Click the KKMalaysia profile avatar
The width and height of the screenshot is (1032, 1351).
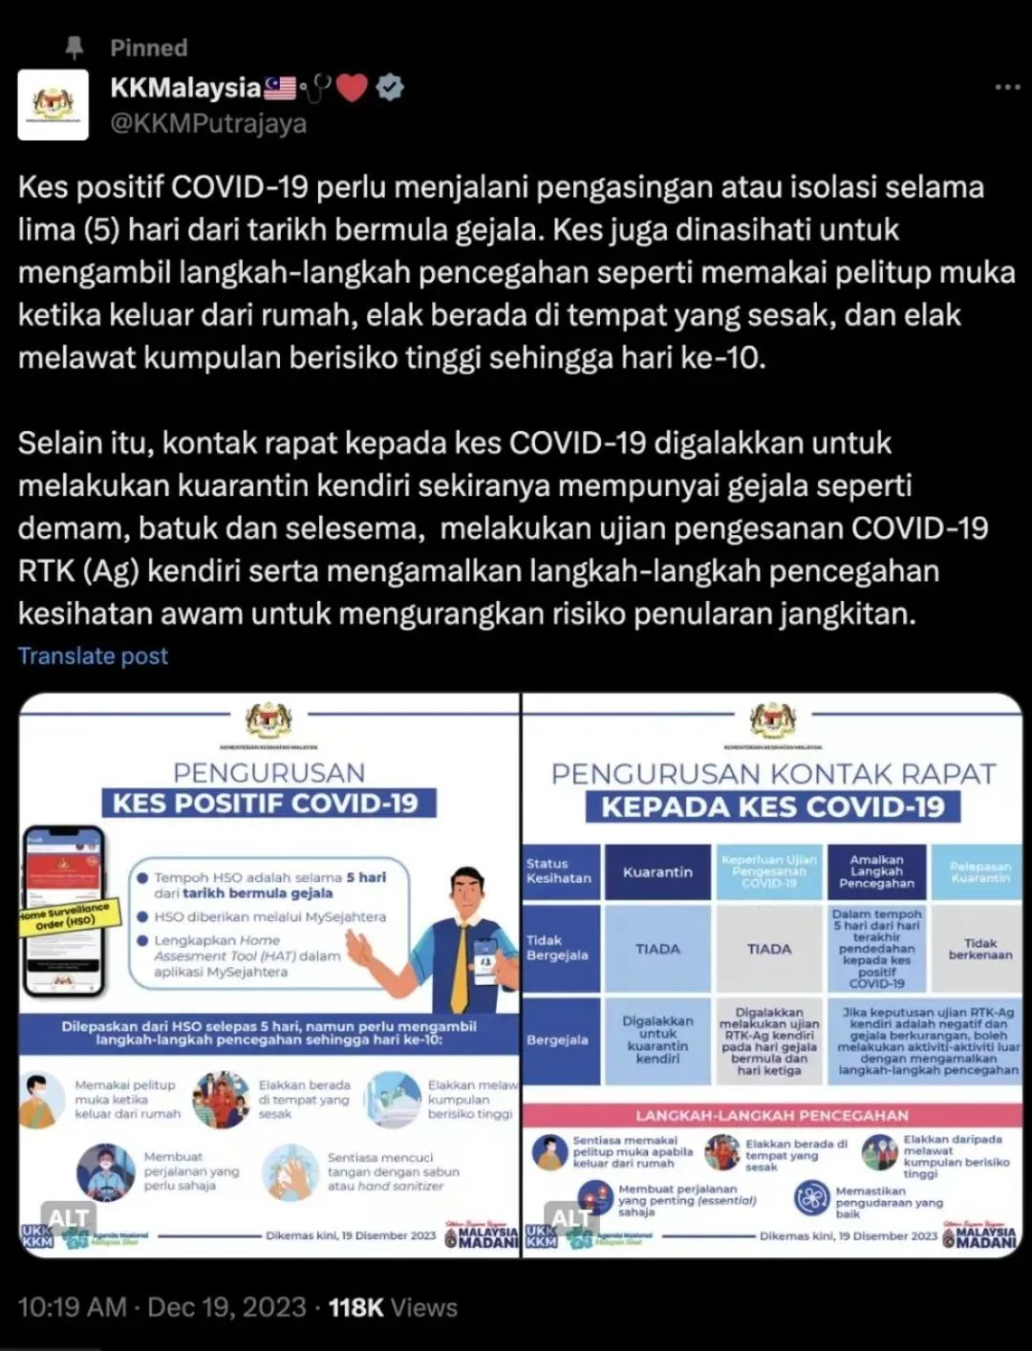pos(54,105)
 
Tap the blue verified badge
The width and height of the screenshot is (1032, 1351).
pos(389,88)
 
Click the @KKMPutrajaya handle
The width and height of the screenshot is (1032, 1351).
pos(208,124)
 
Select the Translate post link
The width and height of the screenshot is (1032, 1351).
pos(93,655)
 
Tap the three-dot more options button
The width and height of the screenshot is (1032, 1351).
pos(1007,87)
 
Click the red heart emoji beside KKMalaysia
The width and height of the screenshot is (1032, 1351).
pos(353,89)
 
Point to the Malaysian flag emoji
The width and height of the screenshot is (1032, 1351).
pos(280,88)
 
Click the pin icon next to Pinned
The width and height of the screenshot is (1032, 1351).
pos(74,47)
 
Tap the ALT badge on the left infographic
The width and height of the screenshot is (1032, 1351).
pos(68,1217)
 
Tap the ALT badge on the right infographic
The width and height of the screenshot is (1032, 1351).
pos(570,1217)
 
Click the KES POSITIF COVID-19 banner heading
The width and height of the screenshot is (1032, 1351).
pos(266,803)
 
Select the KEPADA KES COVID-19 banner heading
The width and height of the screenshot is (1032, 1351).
pos(772,806)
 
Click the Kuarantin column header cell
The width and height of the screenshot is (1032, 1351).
pos(657,872)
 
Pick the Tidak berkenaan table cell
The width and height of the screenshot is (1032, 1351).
pos(979,949)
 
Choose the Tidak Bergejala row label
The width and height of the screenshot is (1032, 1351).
pos(558,948)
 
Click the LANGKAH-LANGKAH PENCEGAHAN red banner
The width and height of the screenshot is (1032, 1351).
pos(772,1115)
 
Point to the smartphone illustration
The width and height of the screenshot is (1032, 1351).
pos(63,908)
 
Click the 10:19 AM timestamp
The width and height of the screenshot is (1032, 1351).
pos(72,1307)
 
